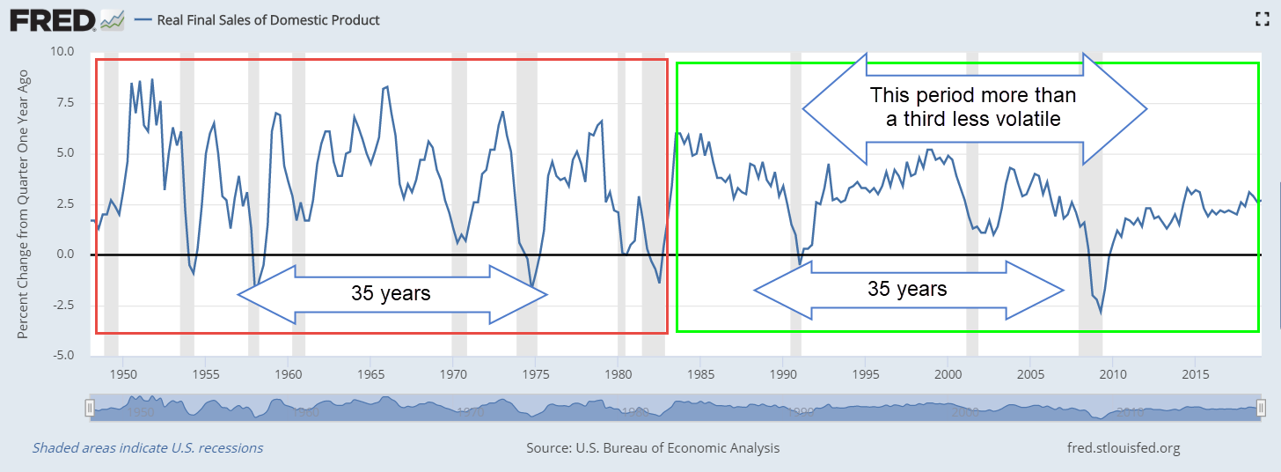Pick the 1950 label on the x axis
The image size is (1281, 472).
click(x=123, y=372)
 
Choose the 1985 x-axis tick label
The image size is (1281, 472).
click(x=700, y=372)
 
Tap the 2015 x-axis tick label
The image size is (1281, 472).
click(x=1195, y=372)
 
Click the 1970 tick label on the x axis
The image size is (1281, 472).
click(x=453, y=372)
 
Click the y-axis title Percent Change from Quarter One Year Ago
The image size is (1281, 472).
click(x=24, y=204)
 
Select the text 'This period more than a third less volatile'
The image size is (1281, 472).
click(x=972, y=107)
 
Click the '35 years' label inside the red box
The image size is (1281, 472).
click(x=391, y=293)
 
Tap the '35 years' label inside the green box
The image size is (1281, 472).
click(x=907, y=289)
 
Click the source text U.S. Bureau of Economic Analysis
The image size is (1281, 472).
click(x=653, y=447)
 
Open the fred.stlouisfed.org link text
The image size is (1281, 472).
click(x=1123, y=447)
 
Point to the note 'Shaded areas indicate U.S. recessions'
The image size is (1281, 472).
click(x=148, y=447)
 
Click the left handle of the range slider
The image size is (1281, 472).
click(x=89, y=408)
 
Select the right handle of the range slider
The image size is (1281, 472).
click(x=1261, y=408)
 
